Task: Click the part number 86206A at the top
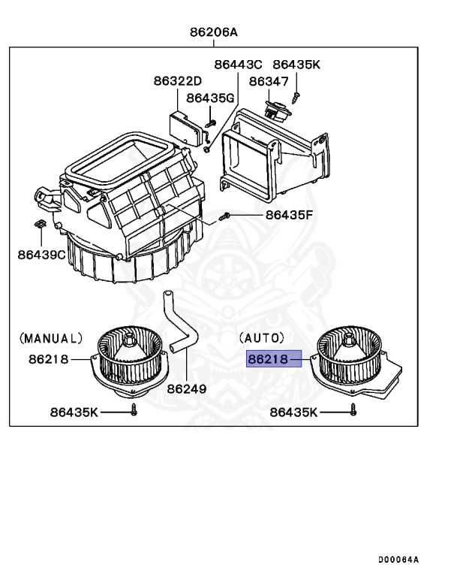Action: (214, 32)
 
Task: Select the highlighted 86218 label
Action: (269, 360)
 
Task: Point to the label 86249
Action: (187, 389)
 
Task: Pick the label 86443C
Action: (238, 65)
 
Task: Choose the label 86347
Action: (268, 81)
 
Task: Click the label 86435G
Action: (211, 98)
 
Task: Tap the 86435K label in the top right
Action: (296, 65)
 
